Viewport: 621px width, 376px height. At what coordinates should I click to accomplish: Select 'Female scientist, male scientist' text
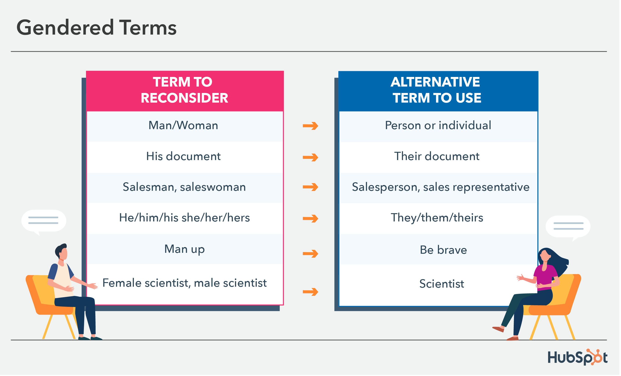pos(185,283)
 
